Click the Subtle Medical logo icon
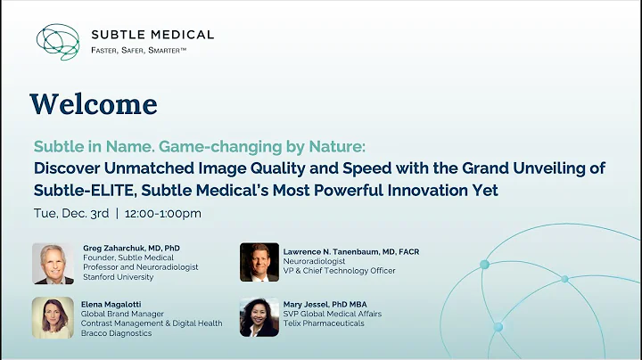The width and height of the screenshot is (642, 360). (x=58, y=42)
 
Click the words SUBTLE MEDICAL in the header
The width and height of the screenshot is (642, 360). (x=152, y=35)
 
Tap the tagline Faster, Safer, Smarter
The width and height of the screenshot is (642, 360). (x=138, y=50)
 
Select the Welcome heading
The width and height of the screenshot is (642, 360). (x=94, y=104)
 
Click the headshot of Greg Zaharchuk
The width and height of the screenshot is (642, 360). (x=53, y=262)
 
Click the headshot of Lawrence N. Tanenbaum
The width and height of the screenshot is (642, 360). (x=259, y=262)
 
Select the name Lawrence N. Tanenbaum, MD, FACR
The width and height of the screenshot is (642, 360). (x=351, y=251)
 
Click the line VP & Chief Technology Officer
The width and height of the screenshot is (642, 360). (x=339, y=271)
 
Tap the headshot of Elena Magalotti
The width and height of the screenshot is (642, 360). (x=53, y=317)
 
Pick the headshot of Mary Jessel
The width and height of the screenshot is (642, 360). (x=259, y=317)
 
